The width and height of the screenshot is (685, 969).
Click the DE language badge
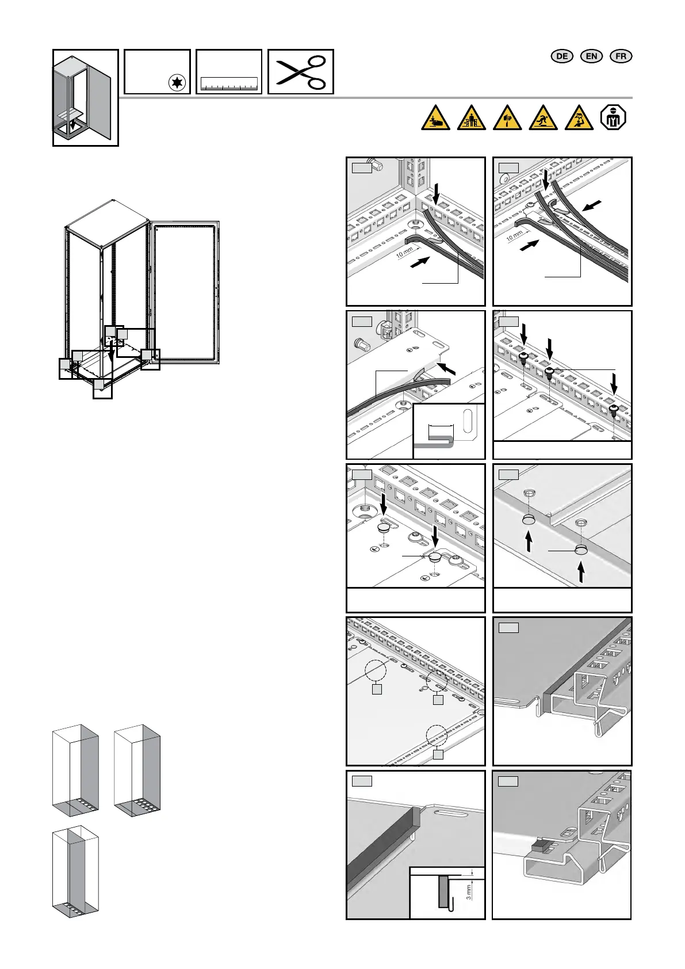pos(562,56)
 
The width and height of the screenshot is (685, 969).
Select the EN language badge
pos(591,56)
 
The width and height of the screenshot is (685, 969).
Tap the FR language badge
pos(621,56)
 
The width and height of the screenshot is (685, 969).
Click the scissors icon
pos(301,72)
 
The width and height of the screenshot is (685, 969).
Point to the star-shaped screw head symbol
pos(177,83)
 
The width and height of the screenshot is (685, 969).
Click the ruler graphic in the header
pos(228,85)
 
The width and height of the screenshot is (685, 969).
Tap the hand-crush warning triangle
pos(435,118)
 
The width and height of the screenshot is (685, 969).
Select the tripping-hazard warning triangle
pos(543,118)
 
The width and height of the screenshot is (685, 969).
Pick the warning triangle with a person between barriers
pos(471,118)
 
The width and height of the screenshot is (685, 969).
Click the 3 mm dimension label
pos(469,892)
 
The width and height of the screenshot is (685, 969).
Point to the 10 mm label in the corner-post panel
pos(404,251)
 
